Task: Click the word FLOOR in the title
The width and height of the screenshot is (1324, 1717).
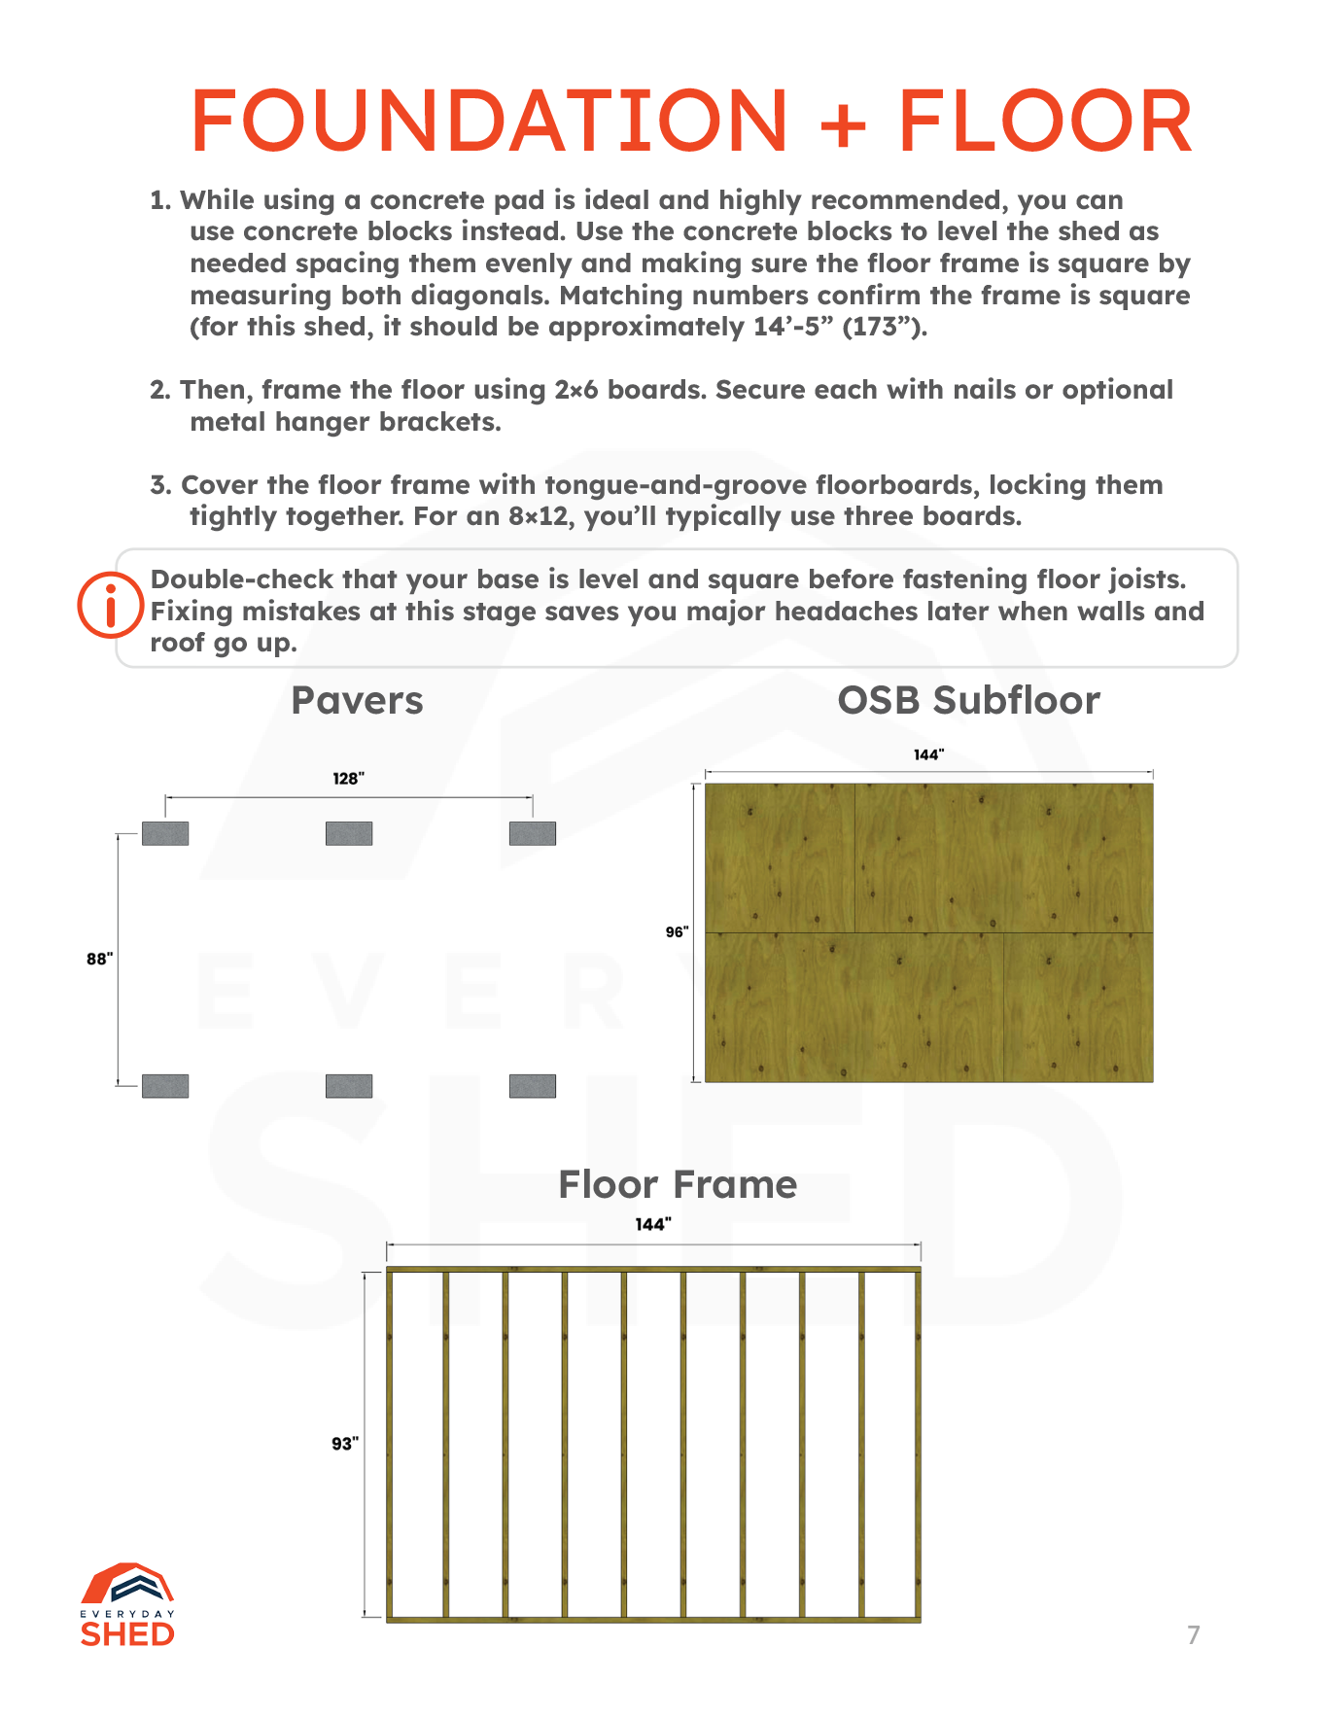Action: [1045, 122]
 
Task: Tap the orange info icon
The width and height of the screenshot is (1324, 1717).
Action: [110, 605]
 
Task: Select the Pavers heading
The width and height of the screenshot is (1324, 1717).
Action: [357, 700]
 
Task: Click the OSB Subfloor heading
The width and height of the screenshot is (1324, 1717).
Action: [968, 700]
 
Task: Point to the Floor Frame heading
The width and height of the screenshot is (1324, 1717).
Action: [678, 1184]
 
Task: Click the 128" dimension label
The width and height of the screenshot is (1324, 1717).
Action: [348, 779]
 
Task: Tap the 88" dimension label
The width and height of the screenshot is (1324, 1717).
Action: [99, 959]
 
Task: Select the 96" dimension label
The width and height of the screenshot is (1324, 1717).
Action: [677, 932]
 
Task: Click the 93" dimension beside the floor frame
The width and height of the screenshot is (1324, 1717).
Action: [345, 1444]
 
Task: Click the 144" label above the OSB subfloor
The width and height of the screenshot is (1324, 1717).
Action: [928, 754]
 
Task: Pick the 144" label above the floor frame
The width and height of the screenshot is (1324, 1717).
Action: [653, 1224]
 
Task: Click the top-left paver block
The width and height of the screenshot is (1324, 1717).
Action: [165, 833]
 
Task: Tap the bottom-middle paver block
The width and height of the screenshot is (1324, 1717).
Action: [349, 1086]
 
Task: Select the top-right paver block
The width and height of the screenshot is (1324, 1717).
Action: [533, 833]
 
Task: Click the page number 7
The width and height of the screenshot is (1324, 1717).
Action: [1194, 1634]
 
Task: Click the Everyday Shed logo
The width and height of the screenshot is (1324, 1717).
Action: [127, 1606]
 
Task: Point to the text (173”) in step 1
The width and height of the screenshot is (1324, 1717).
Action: [884, 327]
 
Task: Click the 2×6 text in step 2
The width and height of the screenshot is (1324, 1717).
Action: [576, 390]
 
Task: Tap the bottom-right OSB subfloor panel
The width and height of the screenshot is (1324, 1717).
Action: [1078, 1007]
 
